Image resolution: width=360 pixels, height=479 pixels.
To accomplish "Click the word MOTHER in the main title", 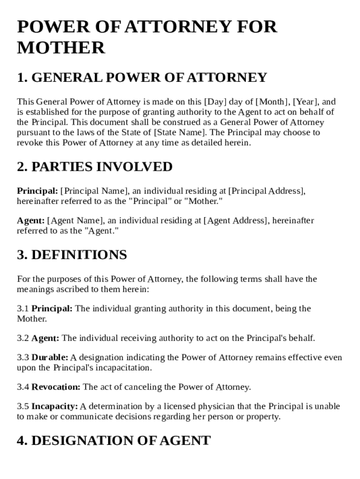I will [61, 48].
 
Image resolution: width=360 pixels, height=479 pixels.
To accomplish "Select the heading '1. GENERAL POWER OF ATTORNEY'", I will [142, 78].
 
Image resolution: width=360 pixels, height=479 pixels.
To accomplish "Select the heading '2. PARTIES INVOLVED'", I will [95, 167].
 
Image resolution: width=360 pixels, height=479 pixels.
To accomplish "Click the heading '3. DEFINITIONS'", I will [72, 255].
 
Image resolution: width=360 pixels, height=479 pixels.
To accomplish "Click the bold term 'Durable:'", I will [50, 358].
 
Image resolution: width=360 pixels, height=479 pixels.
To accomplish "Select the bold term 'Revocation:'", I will [56, 387].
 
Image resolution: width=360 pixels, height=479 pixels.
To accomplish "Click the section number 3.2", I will [23, 338].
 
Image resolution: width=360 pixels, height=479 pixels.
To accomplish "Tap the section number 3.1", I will [23, 309].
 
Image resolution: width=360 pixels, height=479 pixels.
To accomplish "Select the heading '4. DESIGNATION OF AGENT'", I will [114, 441].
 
